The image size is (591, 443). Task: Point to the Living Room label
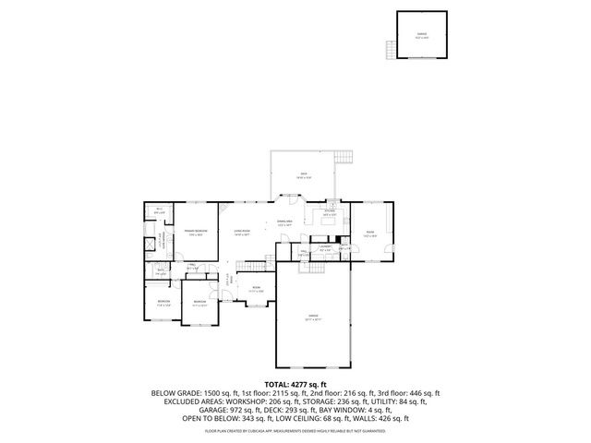pos(243,232)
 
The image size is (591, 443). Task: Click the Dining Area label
pos(285,223)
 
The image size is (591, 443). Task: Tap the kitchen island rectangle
pos(329,220)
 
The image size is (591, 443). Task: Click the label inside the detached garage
pos(409,36)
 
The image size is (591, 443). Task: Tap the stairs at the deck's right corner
pos(346,159)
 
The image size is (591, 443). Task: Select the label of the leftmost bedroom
pos(163,303)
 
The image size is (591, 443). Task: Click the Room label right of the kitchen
pos(370,233)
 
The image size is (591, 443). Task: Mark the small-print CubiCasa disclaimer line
pos(295,430)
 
